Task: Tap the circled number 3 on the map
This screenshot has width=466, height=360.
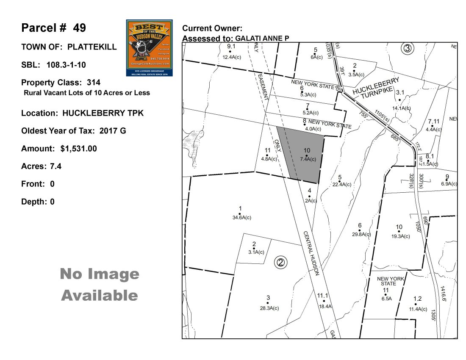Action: (408, 48)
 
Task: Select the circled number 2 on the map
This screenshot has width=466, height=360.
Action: (280, 263)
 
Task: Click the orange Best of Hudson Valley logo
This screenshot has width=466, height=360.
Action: (150, 47)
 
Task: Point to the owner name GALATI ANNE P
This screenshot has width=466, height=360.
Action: (262, 39)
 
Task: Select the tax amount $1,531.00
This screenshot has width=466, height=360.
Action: (79, 149)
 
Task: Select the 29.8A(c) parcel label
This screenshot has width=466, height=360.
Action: (361, 234)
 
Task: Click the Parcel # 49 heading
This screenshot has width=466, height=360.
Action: (54, 28)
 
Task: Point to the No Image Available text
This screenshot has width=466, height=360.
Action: (100, 285)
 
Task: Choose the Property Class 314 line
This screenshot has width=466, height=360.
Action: (61, 82)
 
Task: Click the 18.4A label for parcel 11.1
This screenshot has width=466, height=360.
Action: (325, 306)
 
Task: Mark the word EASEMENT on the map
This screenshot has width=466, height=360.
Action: (263, 87)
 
